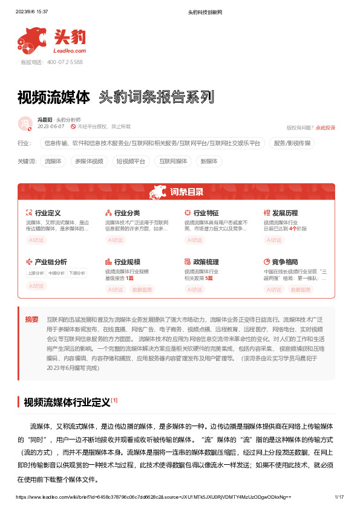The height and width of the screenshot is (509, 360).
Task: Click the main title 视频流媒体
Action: (54, 97)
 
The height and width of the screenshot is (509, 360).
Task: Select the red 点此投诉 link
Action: (326, 128)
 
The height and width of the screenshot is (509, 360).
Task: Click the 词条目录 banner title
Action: (186, 192)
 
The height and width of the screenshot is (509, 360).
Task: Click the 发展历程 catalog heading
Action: (285, 213)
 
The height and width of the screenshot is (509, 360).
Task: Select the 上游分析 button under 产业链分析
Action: (36, 273)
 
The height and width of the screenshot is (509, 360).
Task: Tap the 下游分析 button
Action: (77, 273)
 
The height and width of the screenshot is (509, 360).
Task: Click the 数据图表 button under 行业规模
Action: (143, 290)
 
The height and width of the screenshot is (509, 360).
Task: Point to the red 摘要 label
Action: (31, 319)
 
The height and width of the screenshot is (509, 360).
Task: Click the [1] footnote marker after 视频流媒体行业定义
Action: (114, 400)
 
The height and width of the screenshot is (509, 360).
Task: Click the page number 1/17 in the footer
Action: (339, 496)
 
